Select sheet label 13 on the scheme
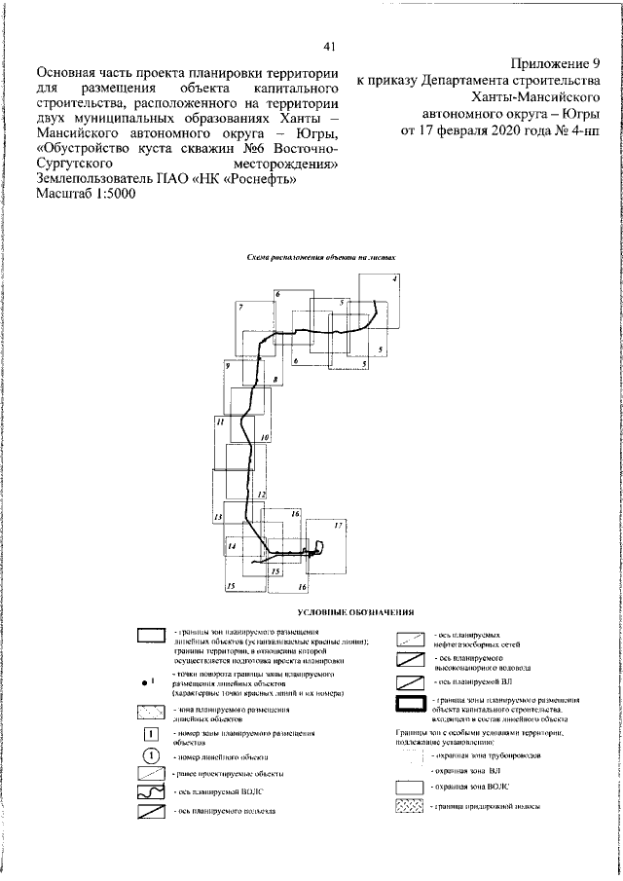[219, 517]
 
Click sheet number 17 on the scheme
[338, 526]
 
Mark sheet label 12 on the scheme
[260, 496]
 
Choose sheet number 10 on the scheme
[265, 439]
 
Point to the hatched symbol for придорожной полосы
[409, 806]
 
